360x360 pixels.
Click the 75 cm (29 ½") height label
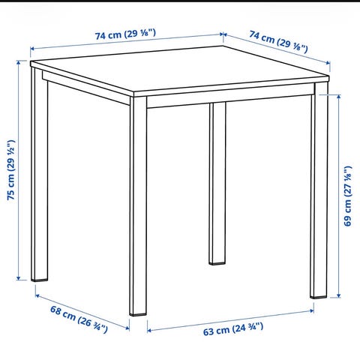[x=11, y=170]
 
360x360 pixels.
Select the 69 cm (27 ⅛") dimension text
[x=348, y=196]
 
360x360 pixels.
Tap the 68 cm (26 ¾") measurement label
[x=79, y=319]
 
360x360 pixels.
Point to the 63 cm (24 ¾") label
[x=233, y=329]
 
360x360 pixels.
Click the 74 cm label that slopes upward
[x=125, y=34]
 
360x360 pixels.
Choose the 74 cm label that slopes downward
[x=278, y=42]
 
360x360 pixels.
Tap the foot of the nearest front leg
[x=138, y=313]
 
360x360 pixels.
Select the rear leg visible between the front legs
[x=217, y=183]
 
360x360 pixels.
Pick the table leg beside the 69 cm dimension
[x=319, y=190]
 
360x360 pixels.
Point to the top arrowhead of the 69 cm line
[x=339, y=97]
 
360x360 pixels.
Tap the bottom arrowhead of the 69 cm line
[x=339, y=295]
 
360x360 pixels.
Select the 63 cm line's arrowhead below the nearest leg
[x=149, y=331]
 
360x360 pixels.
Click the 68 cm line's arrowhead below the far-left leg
[x=37, y=295]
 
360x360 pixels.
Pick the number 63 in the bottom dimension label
[x=208, y=332]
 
